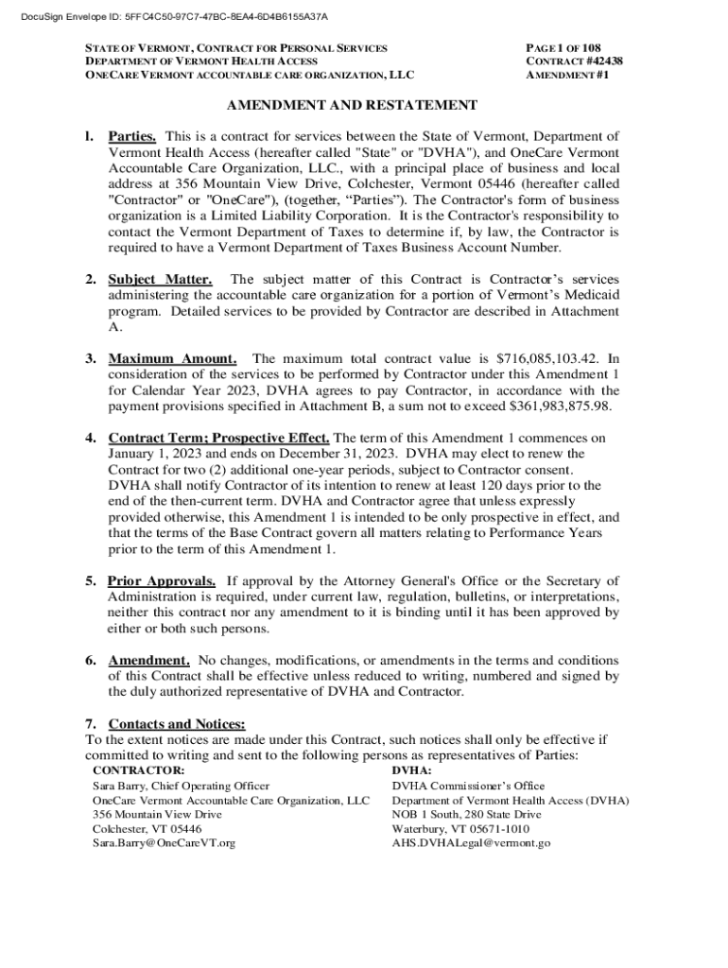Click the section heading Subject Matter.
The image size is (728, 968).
click(160, 280)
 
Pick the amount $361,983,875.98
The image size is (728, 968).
click(556, 406)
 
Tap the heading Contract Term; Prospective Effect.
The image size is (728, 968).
click(219, 438)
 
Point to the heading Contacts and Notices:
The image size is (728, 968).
click(178, 724)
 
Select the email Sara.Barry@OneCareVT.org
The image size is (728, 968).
click(164, 842)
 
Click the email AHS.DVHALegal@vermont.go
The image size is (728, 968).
click(471, 842)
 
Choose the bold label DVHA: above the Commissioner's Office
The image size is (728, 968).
click(412, 770)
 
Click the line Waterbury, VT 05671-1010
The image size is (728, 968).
click(460, 828)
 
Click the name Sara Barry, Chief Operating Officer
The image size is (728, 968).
click(181, 786)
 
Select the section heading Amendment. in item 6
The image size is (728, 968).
click(149, 660)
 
